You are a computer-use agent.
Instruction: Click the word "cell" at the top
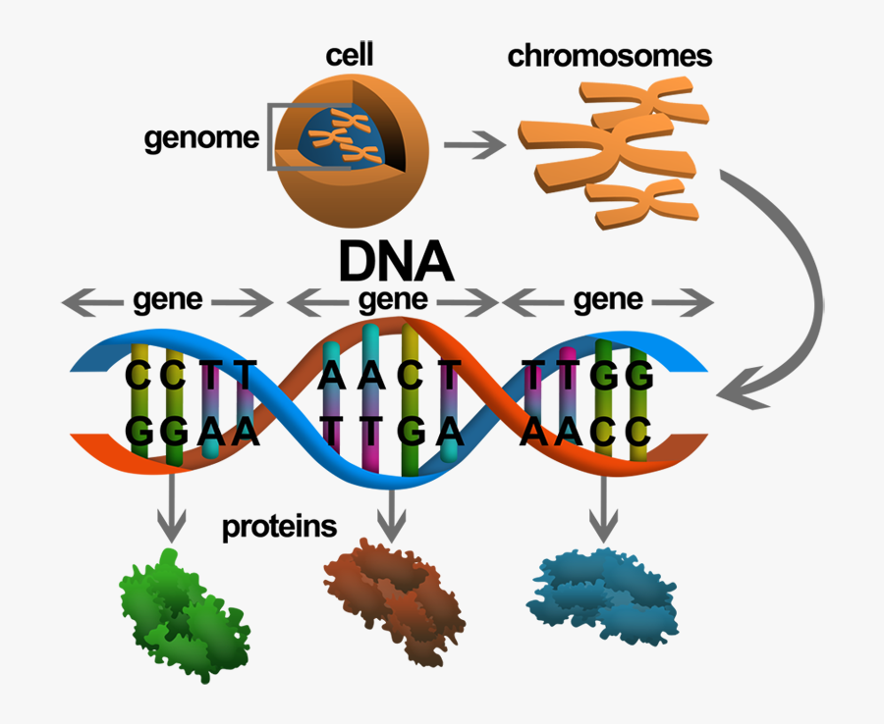pos(349,54)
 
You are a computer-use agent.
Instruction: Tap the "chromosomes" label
pos(609,56)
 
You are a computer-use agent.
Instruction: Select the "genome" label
pos(201,137)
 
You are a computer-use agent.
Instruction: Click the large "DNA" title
pos(396,263)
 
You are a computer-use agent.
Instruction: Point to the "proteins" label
pos(279,527)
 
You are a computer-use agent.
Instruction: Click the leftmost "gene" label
pos(168,299)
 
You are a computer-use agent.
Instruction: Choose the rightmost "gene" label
pos(608,298)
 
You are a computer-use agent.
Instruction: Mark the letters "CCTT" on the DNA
pos(192,376)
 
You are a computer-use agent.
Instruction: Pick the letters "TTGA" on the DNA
pos(391,431)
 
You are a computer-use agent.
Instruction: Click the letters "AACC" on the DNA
pos(587,431)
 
